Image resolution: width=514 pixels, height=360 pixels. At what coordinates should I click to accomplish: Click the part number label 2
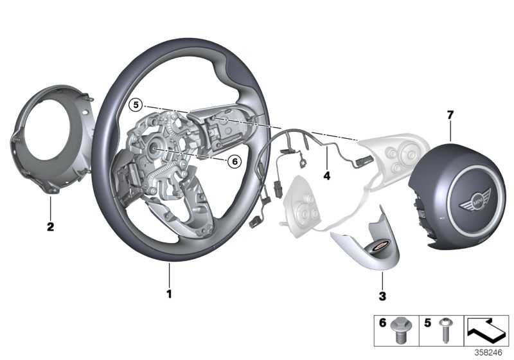point(50,226)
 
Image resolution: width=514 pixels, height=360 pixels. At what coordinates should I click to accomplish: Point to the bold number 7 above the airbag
point(450,115)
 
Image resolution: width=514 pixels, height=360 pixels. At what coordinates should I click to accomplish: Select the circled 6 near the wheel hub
point(235,161)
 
